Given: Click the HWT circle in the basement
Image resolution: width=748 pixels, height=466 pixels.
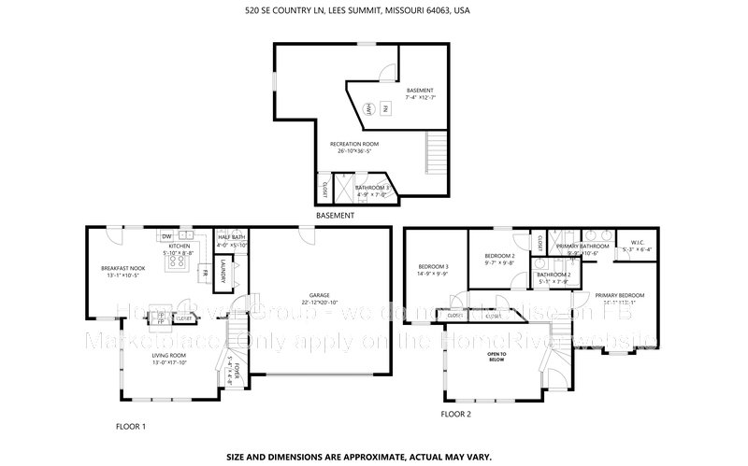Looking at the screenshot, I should tap(369, 110).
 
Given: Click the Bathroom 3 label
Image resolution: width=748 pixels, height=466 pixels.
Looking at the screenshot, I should tap(370, 191).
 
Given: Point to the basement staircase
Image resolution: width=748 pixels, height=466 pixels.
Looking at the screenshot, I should tap(434, 148).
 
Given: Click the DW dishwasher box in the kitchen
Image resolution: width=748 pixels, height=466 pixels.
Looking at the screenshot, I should tap(165, 235).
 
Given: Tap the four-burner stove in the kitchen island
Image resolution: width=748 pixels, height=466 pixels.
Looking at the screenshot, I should tap(174, 263).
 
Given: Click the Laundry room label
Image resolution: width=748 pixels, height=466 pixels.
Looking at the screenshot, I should tap(225, 271).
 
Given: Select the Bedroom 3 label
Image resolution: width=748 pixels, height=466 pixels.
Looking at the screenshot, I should tap(434, 270).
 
